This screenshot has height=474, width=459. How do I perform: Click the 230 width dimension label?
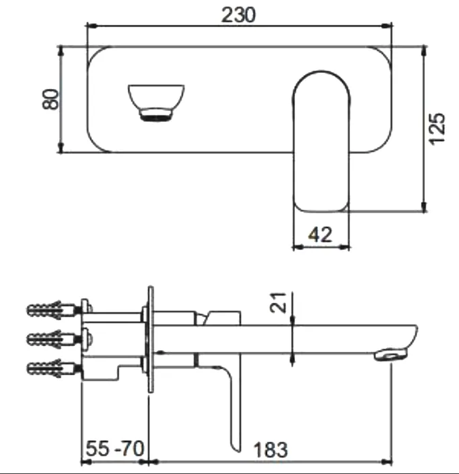click(238, 14)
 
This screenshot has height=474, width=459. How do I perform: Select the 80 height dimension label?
click(49, 101)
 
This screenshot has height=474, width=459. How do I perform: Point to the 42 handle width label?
click(320, 234)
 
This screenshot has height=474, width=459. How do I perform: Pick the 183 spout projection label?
click(271, 450)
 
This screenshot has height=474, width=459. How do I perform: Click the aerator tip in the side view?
click(392, 354)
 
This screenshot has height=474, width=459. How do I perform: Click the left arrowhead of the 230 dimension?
click(90, 27)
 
